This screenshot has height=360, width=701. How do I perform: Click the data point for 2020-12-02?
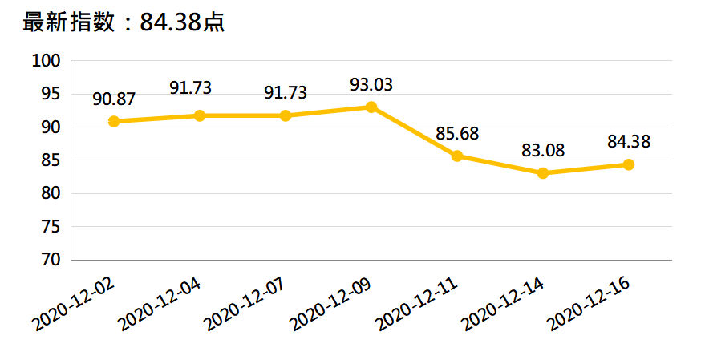(x=114, y=121)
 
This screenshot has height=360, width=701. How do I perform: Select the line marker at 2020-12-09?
(x=371, y=107)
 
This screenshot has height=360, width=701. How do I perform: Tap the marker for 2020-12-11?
(x=457, y=156)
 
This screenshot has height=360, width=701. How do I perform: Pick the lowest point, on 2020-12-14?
(x=543, y=173)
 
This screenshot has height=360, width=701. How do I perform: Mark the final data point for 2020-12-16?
(x=629, y=164)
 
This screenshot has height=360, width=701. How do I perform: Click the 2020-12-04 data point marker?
(x=200, y=115)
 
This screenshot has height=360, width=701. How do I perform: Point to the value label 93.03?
(x=371, y=83)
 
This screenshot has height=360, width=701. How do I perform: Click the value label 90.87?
(x=114, y=99)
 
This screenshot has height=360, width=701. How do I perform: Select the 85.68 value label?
(x=457, y=132)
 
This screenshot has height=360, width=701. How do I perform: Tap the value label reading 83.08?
(x=543, y=150)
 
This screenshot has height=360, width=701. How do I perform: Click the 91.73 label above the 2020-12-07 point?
(x=286, y=92)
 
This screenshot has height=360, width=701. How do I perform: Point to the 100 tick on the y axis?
(x=47, y=61)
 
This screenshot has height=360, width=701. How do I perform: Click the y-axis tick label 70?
(x=51, y=260)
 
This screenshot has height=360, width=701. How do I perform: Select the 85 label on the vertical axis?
(x=51, y=160)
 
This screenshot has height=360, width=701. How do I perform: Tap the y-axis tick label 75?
(x=51, y=227)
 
